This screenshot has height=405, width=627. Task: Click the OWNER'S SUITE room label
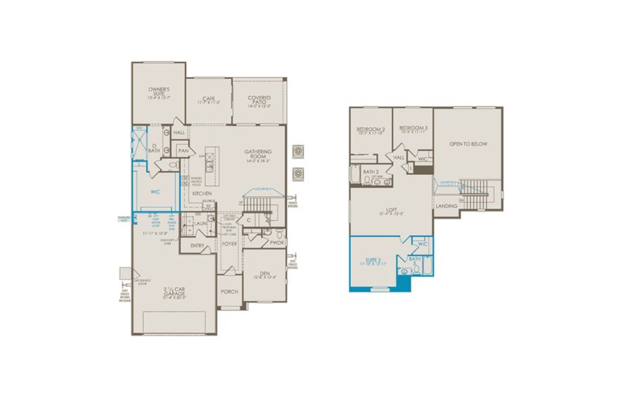tap(159, 90)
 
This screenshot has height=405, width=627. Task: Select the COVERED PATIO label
tap(258, 98)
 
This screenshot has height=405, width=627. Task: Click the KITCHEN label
tap(202, 194)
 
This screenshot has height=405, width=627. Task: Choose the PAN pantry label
tap(183, 151)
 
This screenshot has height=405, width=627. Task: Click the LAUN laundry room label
tap(200, 223)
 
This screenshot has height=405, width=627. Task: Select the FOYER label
tap(229, 244)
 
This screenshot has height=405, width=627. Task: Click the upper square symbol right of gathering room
tap(298, 151)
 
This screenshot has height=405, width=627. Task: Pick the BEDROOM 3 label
tap(412, 128)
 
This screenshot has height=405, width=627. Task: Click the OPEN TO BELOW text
tap(468, 144)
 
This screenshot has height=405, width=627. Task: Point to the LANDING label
tap(446, 206)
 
